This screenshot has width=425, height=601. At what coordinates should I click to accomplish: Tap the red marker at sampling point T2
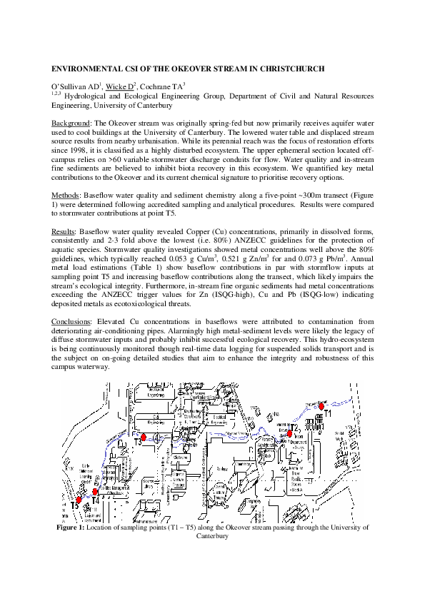tap(290, 433)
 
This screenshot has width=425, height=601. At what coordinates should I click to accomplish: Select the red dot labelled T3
tap(143, 437)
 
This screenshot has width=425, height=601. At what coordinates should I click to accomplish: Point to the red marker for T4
tap(95, 492)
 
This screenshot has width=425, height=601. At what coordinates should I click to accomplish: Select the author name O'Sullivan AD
tap(74, 86)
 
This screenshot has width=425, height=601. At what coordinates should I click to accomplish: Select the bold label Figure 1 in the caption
tap(71, 527)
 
